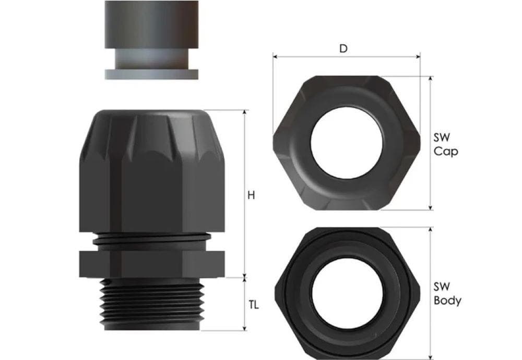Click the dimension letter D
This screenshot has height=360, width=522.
[x=343, y=49]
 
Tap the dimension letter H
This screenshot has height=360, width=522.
[x=251, y=195]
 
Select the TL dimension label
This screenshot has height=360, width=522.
[x=253, y=305]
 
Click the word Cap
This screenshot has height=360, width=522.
[x=446, y=152]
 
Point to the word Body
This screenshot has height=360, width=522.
[x=447, y=300]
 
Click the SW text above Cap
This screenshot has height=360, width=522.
[x=442, y=137]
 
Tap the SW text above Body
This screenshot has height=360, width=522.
[x=442, y=287]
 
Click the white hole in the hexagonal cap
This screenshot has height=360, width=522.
[x=347, y=143]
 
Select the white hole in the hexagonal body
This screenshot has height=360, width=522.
[x=347, y=293]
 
